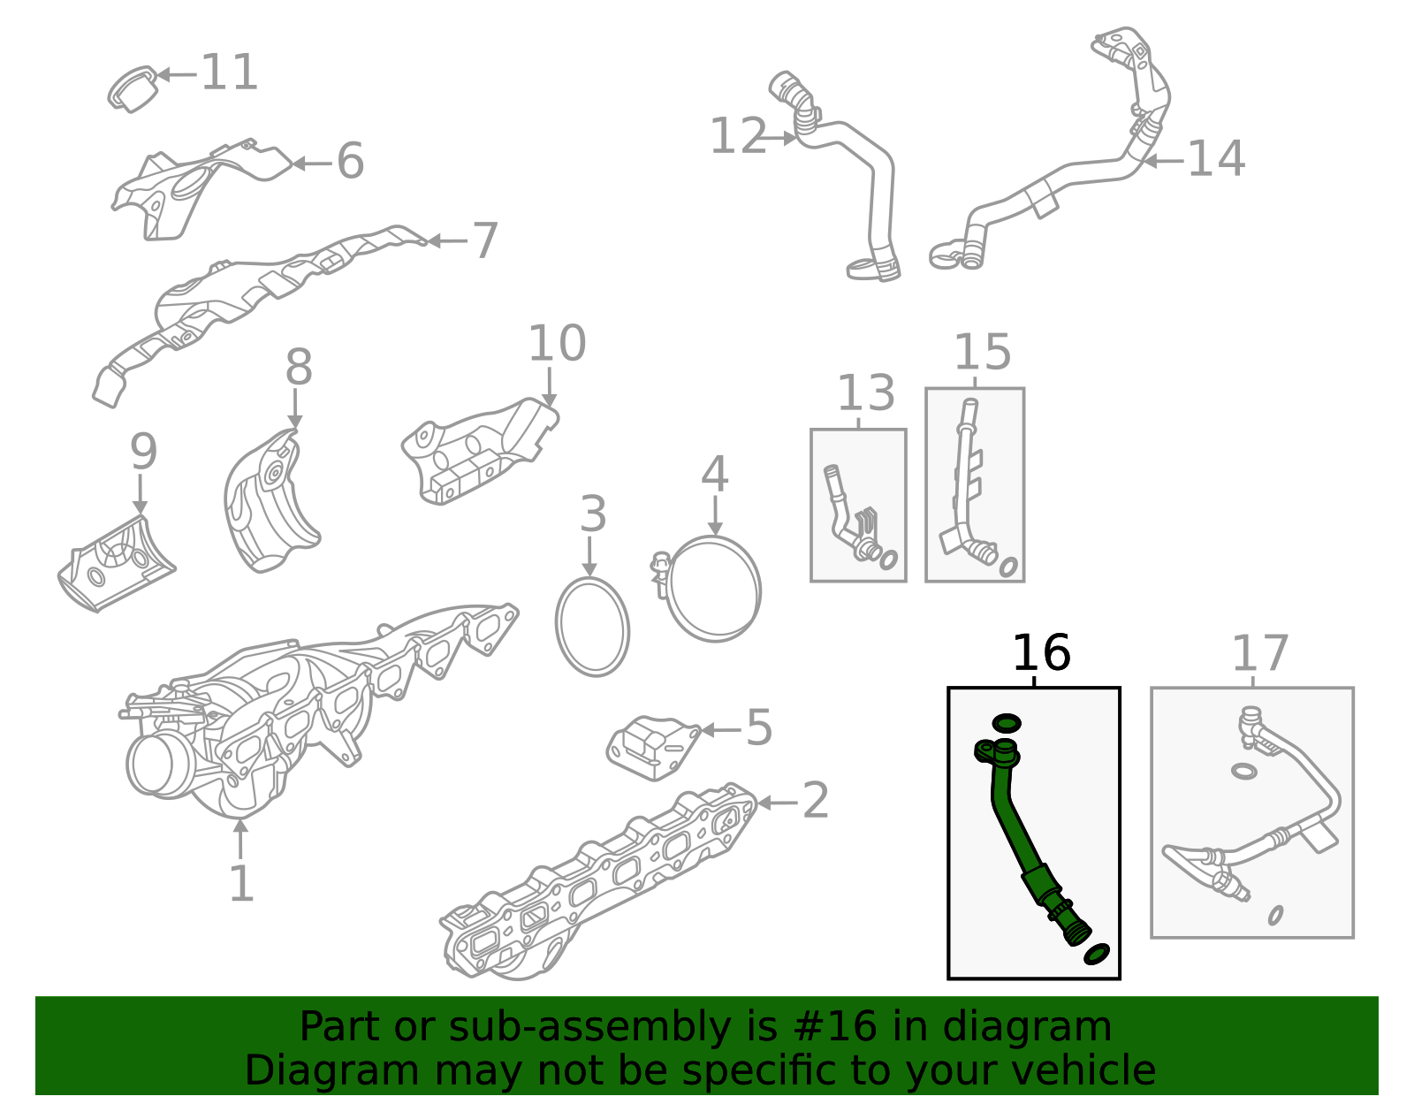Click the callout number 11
[x=230, y=72]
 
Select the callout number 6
[x=350, y=162]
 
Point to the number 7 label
[x=485, y=241]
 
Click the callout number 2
[x=814, y=801]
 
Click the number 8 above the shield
[x=299, y=368]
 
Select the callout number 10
[x=557, y=344]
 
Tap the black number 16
[x=1040, y=654]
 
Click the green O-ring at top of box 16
[x=1006, y=723]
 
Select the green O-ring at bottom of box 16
[x=1096, y=954]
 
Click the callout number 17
[x=1259, y=654]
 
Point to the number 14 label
[x=1216, y=159]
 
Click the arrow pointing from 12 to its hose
[x=781, y=138]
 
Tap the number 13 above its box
[x=865, y=393]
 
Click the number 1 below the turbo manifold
[x=240, y=884]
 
